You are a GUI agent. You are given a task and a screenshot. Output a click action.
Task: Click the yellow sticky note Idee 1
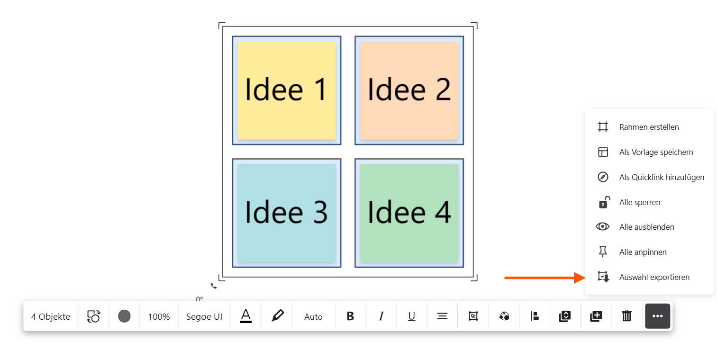click(x=286, y=90)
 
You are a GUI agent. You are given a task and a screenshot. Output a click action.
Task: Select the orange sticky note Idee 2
click(x=409, y=90)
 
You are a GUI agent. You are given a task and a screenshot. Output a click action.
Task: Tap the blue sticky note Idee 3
click(x=286, y=213)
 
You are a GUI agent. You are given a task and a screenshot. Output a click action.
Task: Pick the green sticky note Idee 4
click(x=409, y=213)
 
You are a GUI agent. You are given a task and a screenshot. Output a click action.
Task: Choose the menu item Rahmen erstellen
click(x=649, y=127)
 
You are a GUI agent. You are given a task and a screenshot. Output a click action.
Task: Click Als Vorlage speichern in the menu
click(x=656, y=152)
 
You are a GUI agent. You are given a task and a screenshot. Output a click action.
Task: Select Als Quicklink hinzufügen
click(x=662, y=177)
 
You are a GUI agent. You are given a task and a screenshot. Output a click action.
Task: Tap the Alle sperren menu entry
click(x=639, y=202)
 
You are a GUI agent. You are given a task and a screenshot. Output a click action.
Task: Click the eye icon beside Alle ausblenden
click(x=602, y=227)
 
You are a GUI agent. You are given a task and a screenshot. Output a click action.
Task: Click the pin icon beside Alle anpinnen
click(x=603, y=252)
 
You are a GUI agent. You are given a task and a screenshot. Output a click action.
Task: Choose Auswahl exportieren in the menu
click(x=654, y=277)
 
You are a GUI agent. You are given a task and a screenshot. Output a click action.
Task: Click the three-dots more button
click(x=657, y=316)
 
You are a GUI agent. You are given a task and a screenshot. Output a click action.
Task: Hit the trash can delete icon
click(x=626, y=316)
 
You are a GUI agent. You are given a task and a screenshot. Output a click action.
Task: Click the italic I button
click(x=381, y=316)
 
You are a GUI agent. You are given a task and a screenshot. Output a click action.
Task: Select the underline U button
click(x=411, y=316)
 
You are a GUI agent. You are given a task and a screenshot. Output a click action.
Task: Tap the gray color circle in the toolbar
click(x=124, y=316)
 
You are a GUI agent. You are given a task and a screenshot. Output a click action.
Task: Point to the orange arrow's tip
click(x=586, y=278)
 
